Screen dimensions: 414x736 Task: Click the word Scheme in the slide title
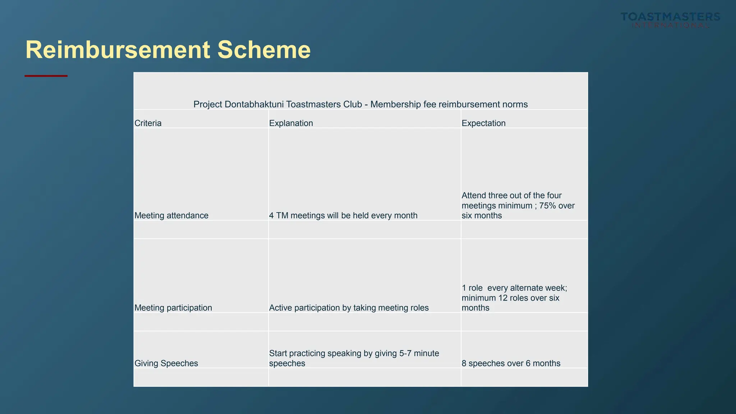pyautogui.click(x=264, y=50)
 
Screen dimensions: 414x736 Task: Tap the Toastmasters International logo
pyautogui.click(x=670, y=20)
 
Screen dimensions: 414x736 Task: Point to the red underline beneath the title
pyautogui.click(x=46, y=76)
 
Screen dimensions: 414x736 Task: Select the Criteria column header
pyautogui.click(x=148, y=123)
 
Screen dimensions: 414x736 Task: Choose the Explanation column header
pyautogui.click(x=291, y=123)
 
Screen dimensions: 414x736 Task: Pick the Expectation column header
pyautogui.click(x=483, y=123)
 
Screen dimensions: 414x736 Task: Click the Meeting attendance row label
pyautogui.click(x=171, y=216)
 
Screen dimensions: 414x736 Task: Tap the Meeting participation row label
pyautogui.click(x=173, y=308)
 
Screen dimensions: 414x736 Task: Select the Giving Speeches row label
pyautogui.click(x=166, y=363)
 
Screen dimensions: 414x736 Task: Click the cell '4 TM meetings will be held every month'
pyautogui.click(x=343, y=216)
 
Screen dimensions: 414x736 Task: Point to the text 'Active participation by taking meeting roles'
pyautogui.click(x=349, y=308)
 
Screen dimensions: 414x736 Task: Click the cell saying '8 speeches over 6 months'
pyautogui.click(x=511, y=363)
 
